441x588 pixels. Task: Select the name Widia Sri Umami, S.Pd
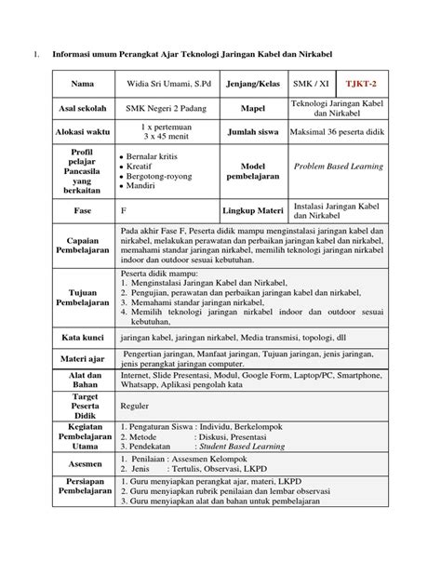coord(164,82)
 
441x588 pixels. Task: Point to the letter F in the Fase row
coord(123,211)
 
